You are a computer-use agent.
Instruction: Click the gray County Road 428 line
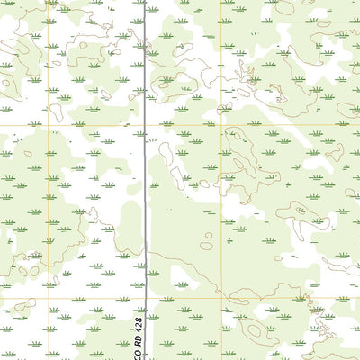[146, 180]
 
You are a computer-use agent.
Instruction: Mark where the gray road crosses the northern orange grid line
[146, 124]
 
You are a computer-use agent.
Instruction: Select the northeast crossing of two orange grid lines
[224, 124]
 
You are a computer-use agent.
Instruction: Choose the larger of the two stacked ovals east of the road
[206, 246]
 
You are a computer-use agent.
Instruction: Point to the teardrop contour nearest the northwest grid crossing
[56, 112]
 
